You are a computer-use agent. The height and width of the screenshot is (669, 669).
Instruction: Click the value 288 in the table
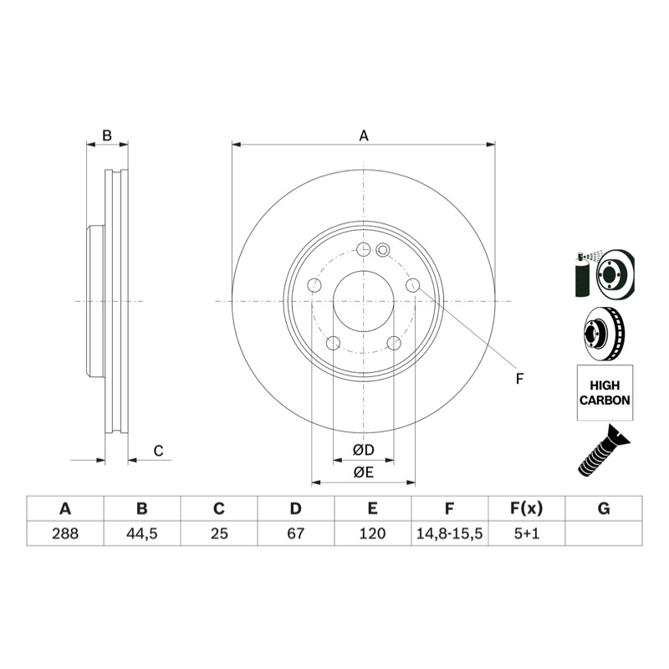65,534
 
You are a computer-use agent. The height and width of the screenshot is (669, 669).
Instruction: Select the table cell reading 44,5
142,534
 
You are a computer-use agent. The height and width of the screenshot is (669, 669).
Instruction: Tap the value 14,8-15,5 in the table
449,534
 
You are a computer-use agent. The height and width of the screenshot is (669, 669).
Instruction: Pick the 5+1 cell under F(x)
527,534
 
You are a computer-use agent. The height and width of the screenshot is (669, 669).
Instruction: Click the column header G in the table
604,508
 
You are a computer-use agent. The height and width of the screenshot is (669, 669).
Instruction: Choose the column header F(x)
527,508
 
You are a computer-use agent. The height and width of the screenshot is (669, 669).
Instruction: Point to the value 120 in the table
372,534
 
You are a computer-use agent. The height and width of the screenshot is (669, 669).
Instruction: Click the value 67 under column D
296,534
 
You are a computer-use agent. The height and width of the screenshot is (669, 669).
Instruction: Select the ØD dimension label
364,450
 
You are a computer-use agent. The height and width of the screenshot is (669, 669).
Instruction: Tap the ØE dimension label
364,472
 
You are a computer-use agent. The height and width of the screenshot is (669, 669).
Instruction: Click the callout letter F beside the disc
519,379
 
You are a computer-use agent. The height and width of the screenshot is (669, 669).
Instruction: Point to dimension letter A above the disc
364,135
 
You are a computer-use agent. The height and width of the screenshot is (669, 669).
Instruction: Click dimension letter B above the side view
107,135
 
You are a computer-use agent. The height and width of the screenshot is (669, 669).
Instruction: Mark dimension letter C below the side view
158,451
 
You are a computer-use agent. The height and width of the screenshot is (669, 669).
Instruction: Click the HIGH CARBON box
605,392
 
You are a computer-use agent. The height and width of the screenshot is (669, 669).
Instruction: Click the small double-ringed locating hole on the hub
383,250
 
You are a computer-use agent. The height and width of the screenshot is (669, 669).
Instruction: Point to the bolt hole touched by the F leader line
412,285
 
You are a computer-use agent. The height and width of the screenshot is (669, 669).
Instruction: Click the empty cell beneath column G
604,534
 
